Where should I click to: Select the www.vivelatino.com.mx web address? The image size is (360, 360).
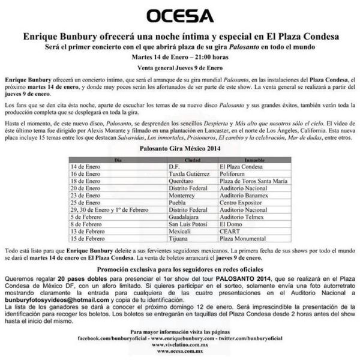click(x=179, y=345)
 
